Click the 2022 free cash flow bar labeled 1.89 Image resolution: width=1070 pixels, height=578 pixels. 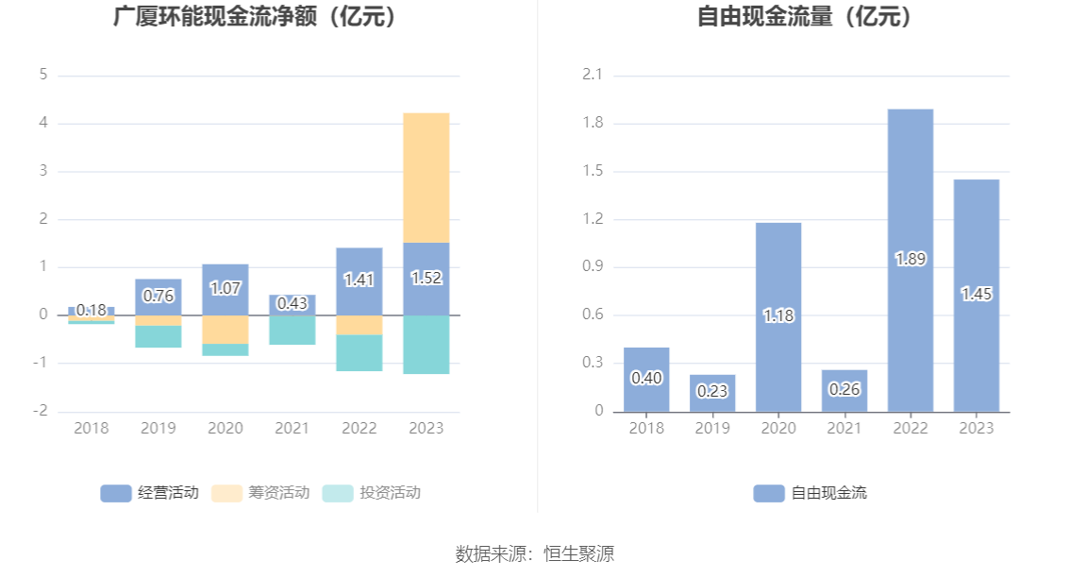click(911, 260)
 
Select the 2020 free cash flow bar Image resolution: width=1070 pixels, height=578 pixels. click(778, 316)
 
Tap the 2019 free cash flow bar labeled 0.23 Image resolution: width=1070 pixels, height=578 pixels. click(712, 392)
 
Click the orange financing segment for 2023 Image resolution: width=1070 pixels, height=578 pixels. click(426, 178)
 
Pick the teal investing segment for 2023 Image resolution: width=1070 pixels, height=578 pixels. click(426, 345)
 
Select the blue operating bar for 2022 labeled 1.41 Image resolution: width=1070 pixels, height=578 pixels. click(359, 280)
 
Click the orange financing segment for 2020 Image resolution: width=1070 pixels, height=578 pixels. click(226, 329)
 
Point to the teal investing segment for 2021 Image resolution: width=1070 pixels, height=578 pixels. click(293, 331)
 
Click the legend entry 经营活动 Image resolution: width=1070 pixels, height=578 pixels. click(150, 493)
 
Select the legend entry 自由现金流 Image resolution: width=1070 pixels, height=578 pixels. click(811, 493)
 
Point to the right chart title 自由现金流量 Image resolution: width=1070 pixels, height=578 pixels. click(807, 17)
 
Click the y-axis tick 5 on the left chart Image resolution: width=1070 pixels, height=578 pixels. click(43, 75)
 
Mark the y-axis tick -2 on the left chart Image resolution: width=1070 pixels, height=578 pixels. click(41, 412)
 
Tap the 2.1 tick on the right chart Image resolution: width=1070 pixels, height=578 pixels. click(593, 75)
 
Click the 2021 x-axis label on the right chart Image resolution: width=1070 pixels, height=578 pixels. click(844, 429)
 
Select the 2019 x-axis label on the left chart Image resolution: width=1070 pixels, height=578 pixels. click(159, 429)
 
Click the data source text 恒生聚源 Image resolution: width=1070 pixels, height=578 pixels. click(578, 553)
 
